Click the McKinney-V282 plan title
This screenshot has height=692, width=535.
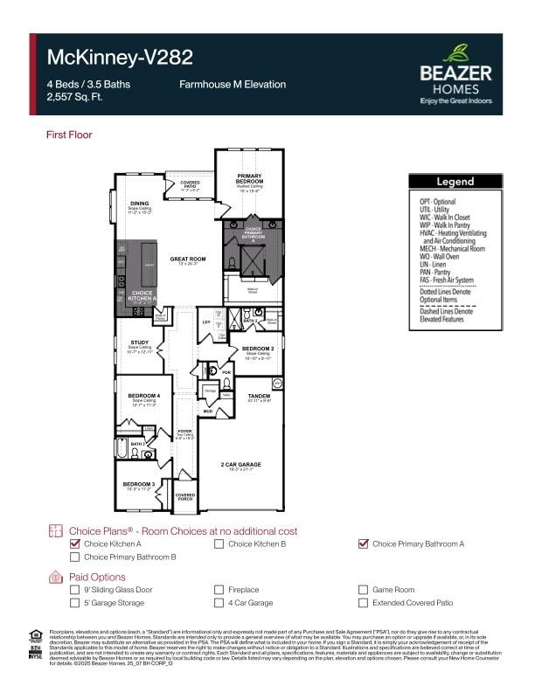(120, 58)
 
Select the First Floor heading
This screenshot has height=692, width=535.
(69, 135)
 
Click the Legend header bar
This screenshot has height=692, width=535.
(455, 182)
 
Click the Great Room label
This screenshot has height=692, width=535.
(187, 259)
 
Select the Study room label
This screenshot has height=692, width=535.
(140, 343)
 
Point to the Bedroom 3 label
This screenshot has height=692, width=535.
(138, 483)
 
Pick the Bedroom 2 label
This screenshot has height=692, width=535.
(257, 349)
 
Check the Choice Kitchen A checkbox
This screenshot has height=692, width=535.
(74, 544)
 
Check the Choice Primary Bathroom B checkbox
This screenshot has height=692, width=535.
(74, 557)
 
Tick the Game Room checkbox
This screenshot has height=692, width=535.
(364, 591)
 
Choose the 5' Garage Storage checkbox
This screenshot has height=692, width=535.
(74, 603)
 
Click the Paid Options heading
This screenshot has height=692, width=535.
(97, 577)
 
